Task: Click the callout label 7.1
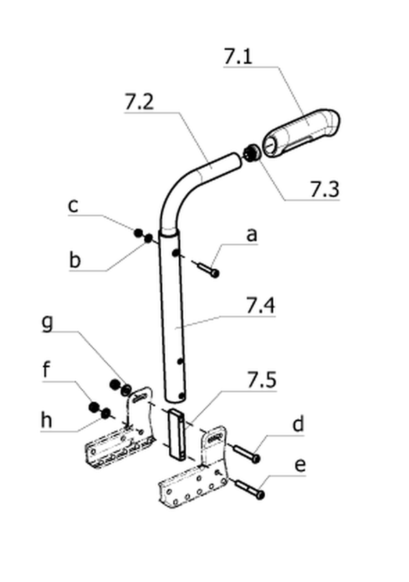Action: (x=238, y=56)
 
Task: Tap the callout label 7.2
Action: (x=139, y=102)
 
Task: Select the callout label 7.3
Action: (x=324, y=189)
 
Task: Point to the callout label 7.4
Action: (x=261, y=306)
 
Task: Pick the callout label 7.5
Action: (x=262, y=380)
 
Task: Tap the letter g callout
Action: (x=47, y=324)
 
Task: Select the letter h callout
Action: (x=46, y=420)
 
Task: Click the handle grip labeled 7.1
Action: (x=301, y=133)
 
